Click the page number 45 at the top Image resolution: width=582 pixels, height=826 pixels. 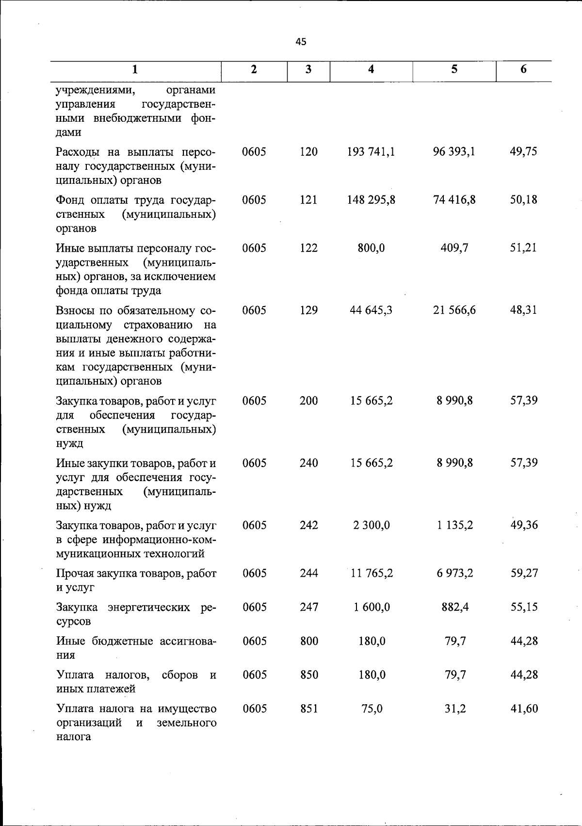point(301,42)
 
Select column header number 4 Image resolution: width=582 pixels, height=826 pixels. point(371,69)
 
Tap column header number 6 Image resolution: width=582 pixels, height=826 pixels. point(523,69)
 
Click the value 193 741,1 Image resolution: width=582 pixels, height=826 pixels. point(371,152)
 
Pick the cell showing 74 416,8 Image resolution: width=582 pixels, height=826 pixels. point(454,200)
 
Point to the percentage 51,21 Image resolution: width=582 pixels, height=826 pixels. point(523,248)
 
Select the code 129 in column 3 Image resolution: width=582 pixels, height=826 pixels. point(308,310)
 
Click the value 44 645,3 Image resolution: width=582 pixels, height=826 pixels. point(371,310)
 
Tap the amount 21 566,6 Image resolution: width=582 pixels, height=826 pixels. point(454,310)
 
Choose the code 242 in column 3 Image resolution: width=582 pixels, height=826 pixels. point(308,525)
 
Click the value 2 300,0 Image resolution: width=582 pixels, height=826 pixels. point(371,525)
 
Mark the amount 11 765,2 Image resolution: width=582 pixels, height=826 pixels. point(371,573)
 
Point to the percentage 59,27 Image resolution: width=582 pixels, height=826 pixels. point(523,573)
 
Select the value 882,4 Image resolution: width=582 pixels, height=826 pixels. point(454,607)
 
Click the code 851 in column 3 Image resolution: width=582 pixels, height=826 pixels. point(308,709)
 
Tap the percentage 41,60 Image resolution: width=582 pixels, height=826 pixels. point(523,709)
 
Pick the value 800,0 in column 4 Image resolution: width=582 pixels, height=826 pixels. point(371,248)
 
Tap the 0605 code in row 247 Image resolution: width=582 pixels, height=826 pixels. point(254,607)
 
